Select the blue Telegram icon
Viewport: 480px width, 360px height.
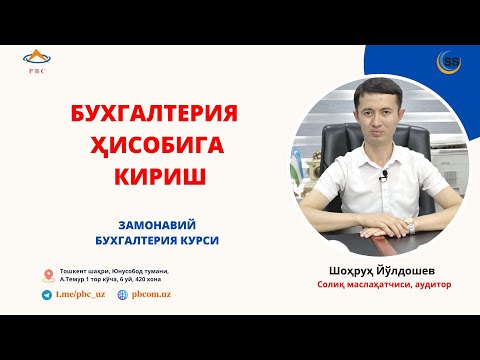coord(47,296)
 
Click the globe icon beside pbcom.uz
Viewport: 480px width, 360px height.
coord(122,296)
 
